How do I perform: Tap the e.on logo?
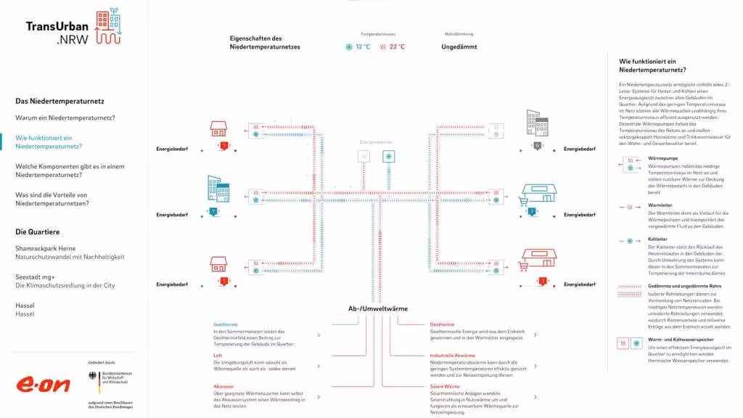(44, 383)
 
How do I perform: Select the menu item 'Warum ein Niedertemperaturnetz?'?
(65, 118)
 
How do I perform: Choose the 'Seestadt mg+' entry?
(36, 276)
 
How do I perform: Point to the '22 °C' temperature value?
(397, 46)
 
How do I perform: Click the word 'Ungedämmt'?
(459, 46)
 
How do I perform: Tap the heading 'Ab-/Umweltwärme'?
(377, 308)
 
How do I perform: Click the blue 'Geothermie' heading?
(226, 324)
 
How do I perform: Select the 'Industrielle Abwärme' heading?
(452, 356)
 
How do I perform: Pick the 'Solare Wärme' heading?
(446, 387)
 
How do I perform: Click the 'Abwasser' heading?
(223, 387)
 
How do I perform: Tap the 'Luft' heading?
(218, 356)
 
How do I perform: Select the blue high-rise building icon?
(218, 188)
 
